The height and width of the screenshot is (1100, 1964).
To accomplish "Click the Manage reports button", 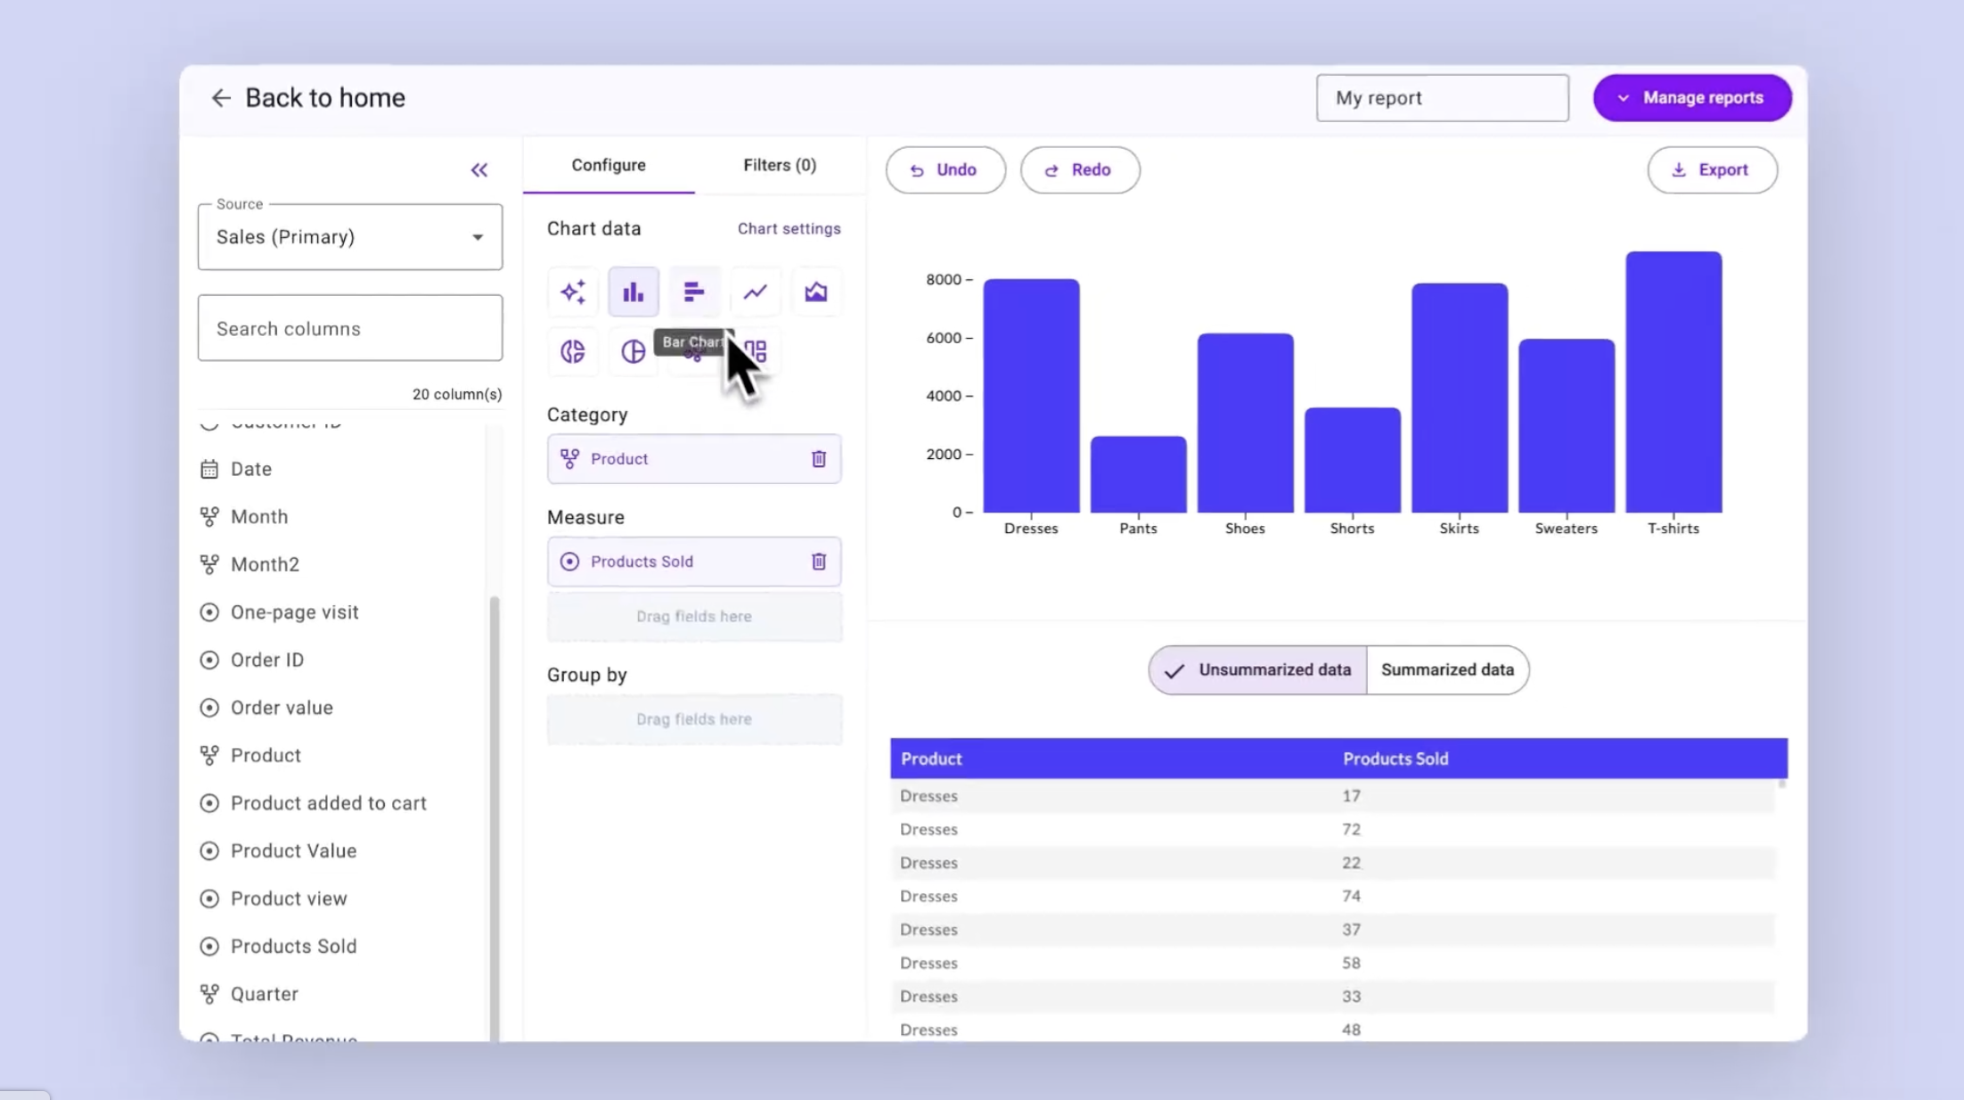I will tap(1691, 98).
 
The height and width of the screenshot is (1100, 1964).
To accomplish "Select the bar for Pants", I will tap(1138, 474).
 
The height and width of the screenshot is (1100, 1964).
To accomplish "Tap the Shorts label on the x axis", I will tap(1351, 529).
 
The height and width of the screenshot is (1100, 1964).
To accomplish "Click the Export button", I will tap(1711, 170).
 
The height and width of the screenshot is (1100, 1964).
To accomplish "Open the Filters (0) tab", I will tap(779, 165).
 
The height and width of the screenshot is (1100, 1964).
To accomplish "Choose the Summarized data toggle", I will tap(1446, 669).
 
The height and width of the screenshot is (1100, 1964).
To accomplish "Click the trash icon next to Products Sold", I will tap(818, 562).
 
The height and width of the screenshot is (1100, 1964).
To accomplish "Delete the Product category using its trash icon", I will tap(818, 459).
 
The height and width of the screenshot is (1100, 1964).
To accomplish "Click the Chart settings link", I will tap(788, 229).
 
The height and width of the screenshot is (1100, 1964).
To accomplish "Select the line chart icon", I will tap(755, 292).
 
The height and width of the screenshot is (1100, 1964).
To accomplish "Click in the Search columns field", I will tap(349, 329).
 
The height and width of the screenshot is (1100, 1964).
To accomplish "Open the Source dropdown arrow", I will tap(478, 237).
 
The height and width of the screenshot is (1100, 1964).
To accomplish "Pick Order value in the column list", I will tap(282, 708).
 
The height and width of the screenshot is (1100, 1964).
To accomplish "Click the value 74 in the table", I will tap(1351, 896).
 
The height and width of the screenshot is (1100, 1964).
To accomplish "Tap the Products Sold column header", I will tap(1395, 759).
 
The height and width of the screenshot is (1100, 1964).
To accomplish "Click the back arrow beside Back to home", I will tap(220, 98).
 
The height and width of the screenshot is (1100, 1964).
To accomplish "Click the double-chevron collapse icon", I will tap(479, 170).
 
